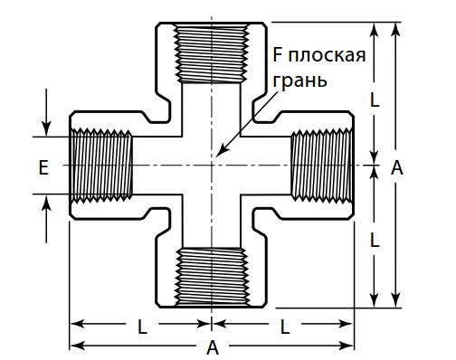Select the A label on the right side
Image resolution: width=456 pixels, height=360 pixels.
tap(396, 166)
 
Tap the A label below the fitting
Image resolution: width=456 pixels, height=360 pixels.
tap(212, 347)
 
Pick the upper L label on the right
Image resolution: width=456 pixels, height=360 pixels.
tap(374, 100)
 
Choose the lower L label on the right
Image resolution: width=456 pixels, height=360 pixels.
tap(374, 239)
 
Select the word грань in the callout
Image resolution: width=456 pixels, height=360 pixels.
tap(299, 79)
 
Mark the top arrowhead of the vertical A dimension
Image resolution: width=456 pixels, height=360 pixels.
tap(395, 25)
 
